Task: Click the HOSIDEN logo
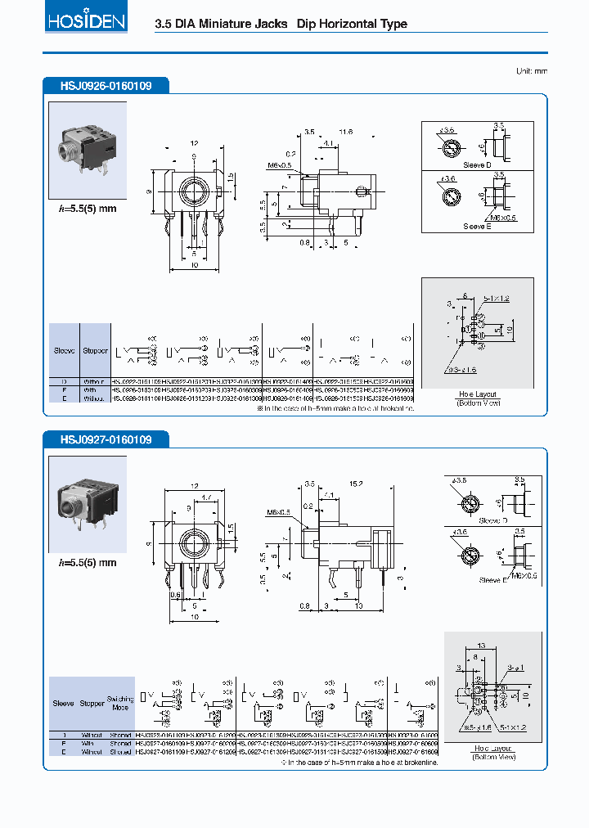pos(86,21)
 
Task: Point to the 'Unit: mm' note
pos(531,71)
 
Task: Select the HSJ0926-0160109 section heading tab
pos(106,85)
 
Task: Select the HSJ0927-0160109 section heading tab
pos(106,440)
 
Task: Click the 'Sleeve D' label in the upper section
pos(477,164)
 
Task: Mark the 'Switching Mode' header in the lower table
pos(121,702)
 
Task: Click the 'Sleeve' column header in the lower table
pos(63,703)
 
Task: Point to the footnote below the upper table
pos(336,407)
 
